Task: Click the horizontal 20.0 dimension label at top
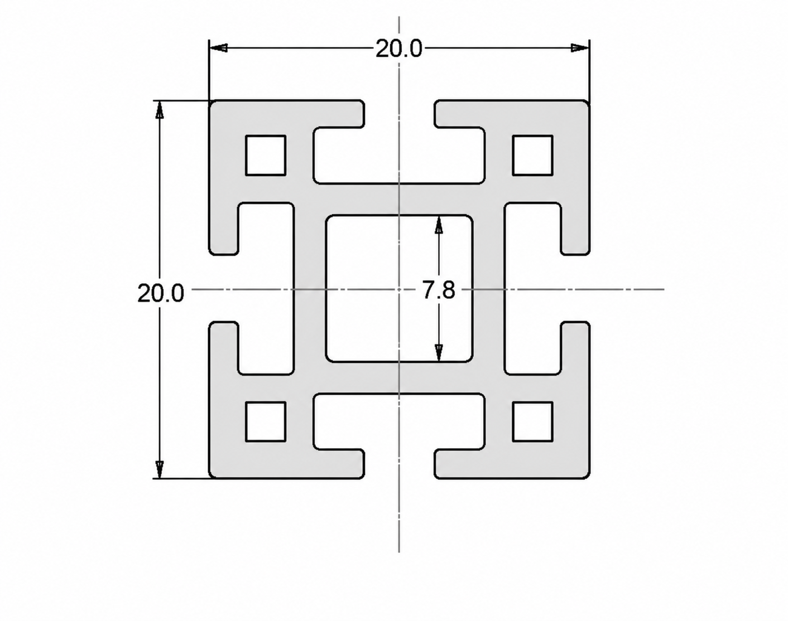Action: (x=399, y=48)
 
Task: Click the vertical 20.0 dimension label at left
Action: (x=160, y=293)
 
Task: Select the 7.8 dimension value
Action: (x=439, y=290)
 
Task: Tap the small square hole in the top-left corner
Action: (x=266, y=156)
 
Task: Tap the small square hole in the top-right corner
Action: (x=532, y=156)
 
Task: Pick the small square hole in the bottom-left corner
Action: (x=266, y=421)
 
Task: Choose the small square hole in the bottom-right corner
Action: (x=532, y=421)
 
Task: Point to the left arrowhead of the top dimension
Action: (x=218, y=48)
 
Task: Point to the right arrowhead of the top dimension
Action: (x=580, y=48)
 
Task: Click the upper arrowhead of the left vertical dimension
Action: (x=159, y=109)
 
